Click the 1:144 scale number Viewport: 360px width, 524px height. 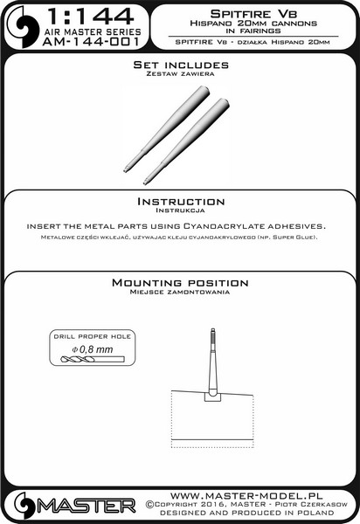pyautogui.click(x=91, y=17)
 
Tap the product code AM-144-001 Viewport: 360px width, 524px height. pyautogui.click(x=91, y=42)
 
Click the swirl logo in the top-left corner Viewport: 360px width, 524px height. pyautogui.click(x=23, y=27)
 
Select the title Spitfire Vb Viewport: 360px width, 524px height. pyautogui.click(x=253, y=14)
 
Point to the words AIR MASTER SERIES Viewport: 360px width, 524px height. pyautogui.click(x=93, y=32)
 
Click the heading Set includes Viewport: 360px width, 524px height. pyautogui.click(x=181, y=65)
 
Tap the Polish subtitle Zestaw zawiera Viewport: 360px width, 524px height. pyautogui.click(x=180, y=74)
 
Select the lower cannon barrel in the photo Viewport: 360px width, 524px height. pyautogui.click(x=186, y=141)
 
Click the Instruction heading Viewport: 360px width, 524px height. pyautogui.click(x=181, y=202)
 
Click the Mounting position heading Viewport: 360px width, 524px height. pyautogui.click(x=180, y=283)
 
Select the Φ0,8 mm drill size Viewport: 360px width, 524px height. pyautogui.click(x=93, y=349)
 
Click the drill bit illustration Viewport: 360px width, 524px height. pyautogui.click(x=93, y=359)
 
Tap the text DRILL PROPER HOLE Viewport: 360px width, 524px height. pyautogui.click(x=93, y=336)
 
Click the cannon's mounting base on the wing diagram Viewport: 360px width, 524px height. pyautogui.click(x=212, y=396)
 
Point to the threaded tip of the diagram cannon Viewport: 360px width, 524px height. pyautogui.click(x=212, y=339)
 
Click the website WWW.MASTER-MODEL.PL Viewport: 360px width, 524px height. pyautogui.click(x=246, y=495)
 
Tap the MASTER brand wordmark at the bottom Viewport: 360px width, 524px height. pyautogui.click(x=87, y=507)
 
